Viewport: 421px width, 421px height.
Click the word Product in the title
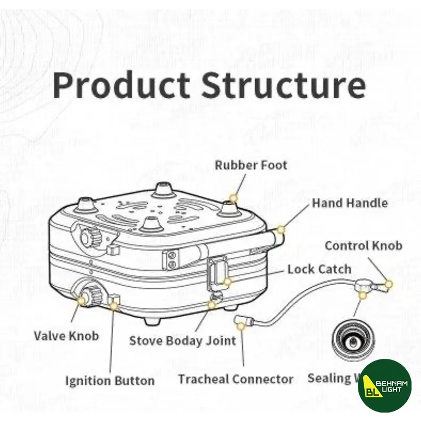tap(121, 85)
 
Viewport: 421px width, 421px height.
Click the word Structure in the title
tap(284, 85)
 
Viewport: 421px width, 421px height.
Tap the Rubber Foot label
tap(251, 165)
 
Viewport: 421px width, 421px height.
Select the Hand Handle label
tap(350, 203)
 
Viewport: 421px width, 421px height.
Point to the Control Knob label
tap(363, 246)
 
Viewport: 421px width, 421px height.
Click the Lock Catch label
tap(319, 269)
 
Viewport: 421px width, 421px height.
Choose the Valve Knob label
tap(66, 335)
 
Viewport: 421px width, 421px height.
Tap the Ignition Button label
tap(110, 380)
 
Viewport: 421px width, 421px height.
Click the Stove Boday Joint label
tap(183, 340)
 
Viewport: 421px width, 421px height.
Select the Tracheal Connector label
tap(235, 379)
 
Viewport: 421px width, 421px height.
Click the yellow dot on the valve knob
tap(82, 300)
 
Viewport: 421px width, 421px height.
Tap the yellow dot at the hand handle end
tap(280, 229)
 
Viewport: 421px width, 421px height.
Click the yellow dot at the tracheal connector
tap(240, 326)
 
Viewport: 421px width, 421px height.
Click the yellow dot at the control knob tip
tap(389, 284)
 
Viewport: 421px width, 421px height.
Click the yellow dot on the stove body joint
tap(212, 304)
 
